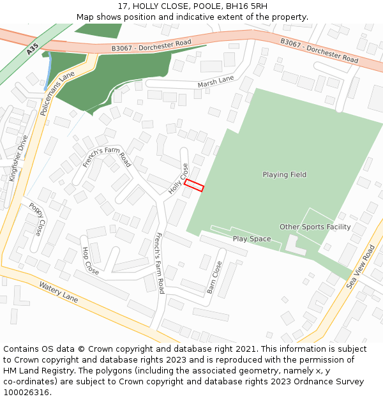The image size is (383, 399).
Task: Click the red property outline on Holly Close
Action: (x=194, y=186)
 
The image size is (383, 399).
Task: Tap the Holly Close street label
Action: (x=179, y=178)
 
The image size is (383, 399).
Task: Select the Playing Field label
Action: (x=285, y=174)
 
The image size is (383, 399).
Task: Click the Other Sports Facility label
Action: (x=315, y=227)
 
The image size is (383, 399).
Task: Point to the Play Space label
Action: (x=252, y=239)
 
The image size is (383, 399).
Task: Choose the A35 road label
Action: (x=33, y=48)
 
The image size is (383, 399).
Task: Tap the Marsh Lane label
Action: (x=216, y=81)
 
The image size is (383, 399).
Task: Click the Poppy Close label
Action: (x=37, y=218)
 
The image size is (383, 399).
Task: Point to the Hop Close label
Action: (x=90, y=261)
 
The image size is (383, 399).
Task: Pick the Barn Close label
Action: (x=214, y=277)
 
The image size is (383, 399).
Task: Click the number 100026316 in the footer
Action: (x=27, y=392)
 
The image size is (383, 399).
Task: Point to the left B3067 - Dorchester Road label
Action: (x=151, y=45)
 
